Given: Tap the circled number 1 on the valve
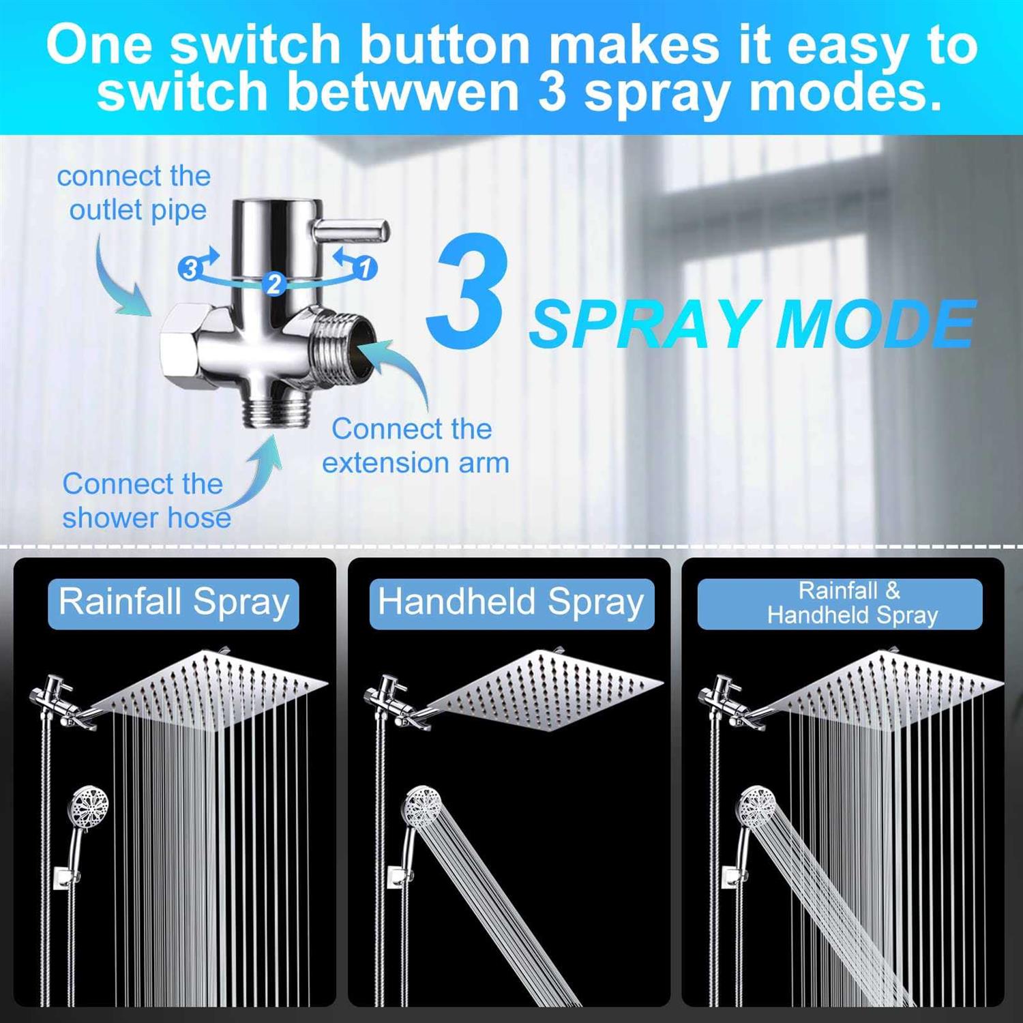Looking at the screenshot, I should point(365,267).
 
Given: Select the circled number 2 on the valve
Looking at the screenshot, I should point(274,283).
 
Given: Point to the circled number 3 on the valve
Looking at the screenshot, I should point(189,269).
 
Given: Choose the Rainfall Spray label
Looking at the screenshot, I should point(174,603).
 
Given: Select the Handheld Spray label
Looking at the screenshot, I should point(512,603).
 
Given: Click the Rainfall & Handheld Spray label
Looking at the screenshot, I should point(840,604).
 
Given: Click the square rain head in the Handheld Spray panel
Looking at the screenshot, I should point(546,689).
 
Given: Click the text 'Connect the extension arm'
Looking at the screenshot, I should point(415,446).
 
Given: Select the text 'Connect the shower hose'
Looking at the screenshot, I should point(146,501).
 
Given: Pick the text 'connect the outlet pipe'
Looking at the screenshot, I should point(134,193).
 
